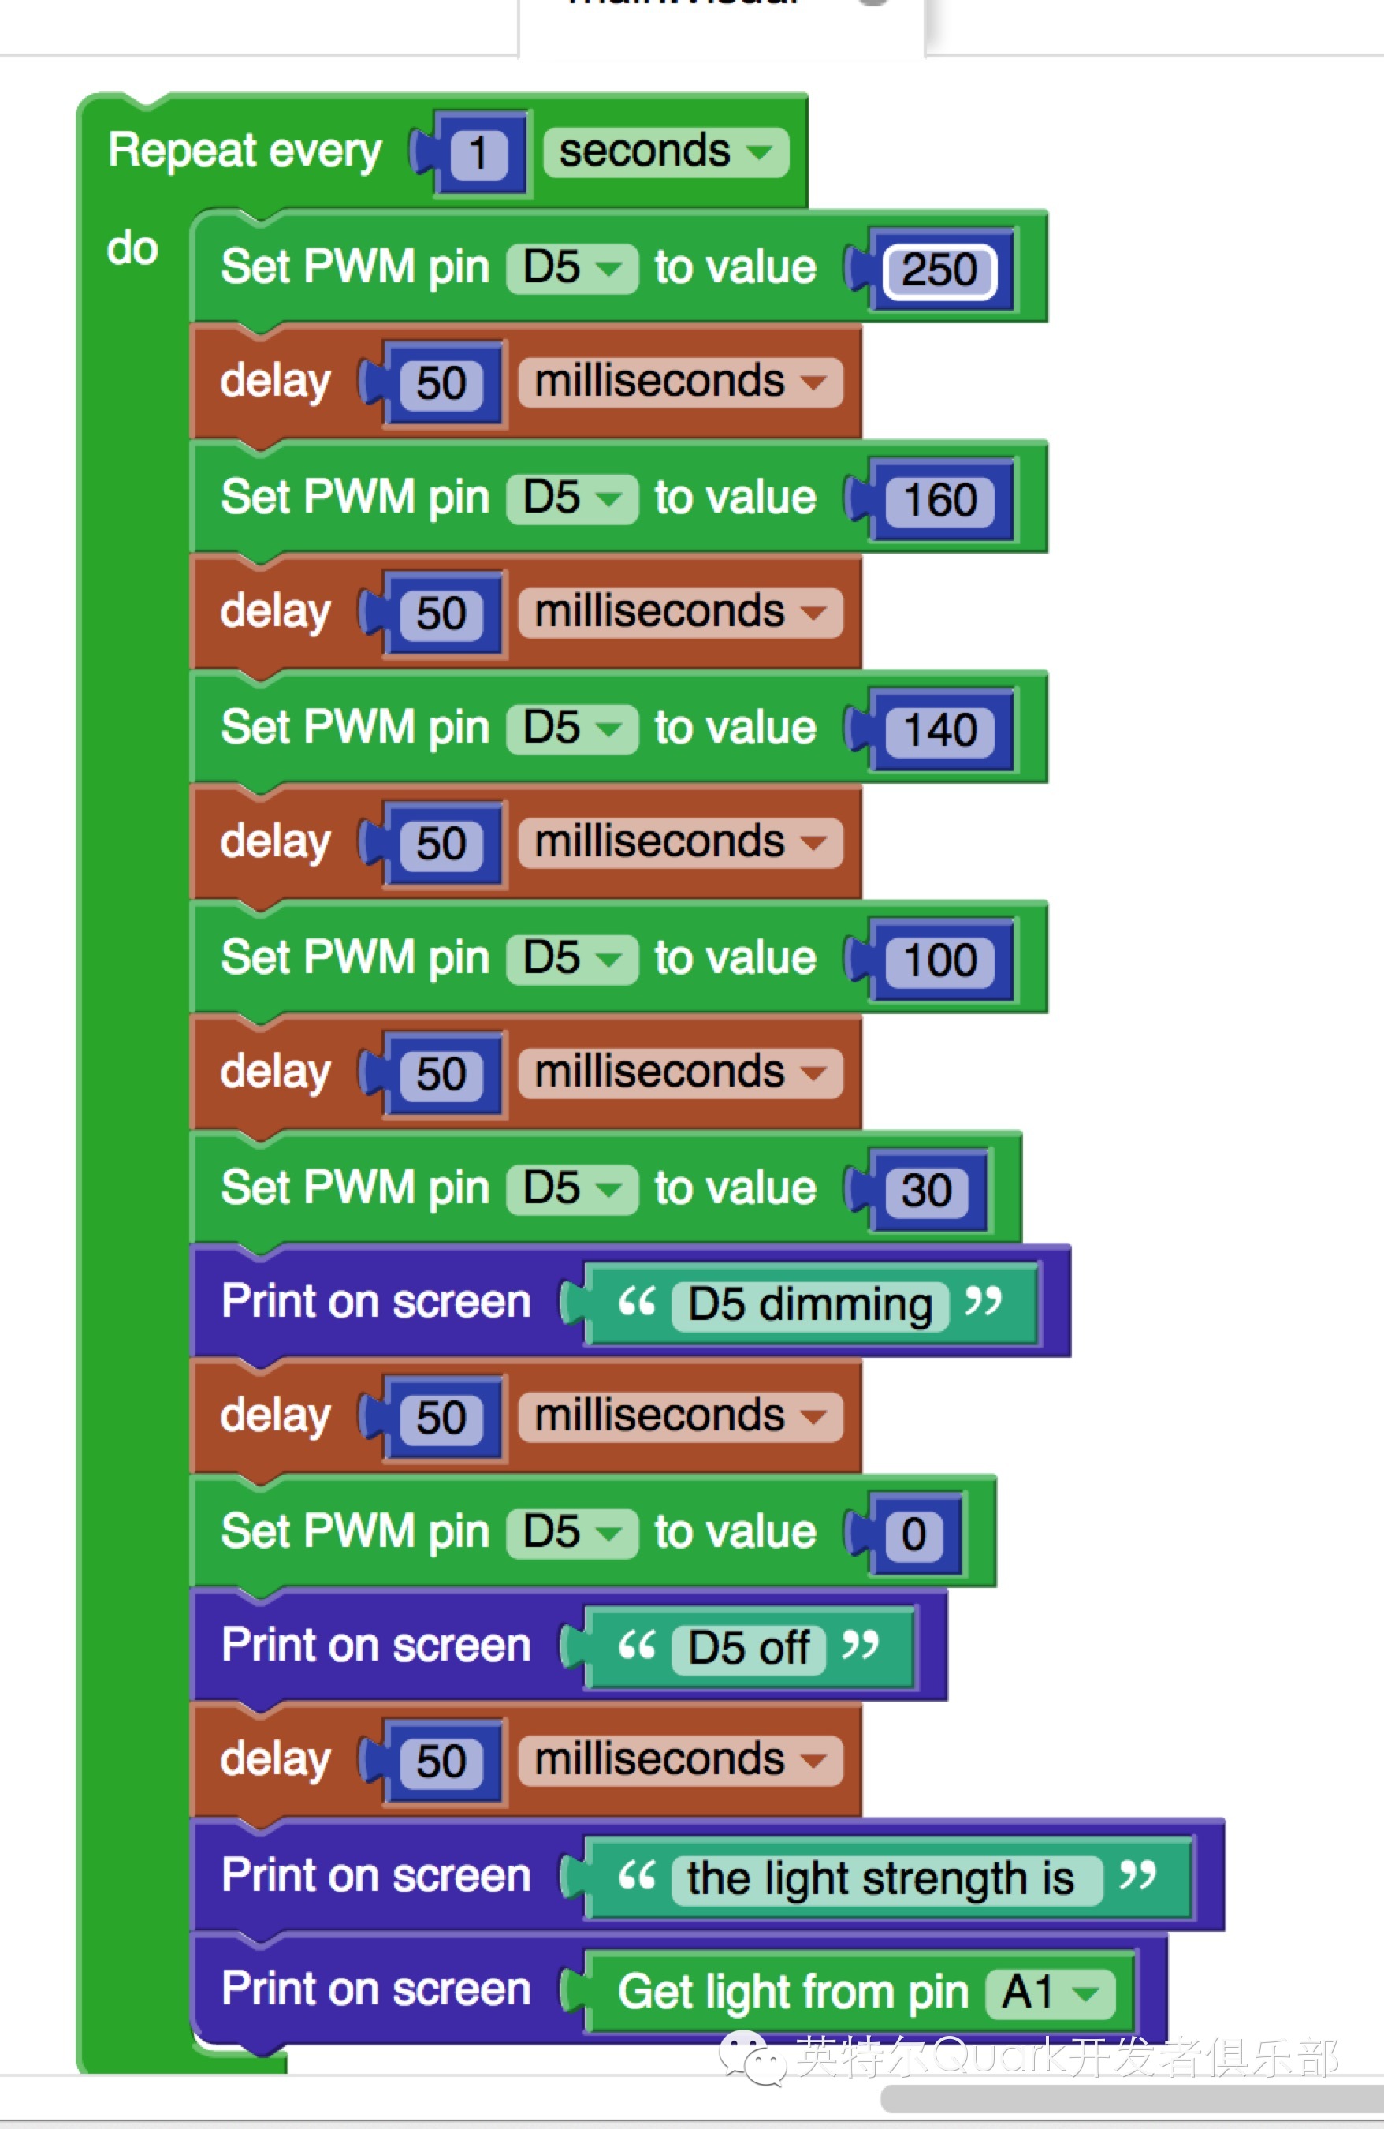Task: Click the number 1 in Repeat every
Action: [478, 153]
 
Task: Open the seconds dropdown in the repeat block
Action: [666, 151]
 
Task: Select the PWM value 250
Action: [939, 269]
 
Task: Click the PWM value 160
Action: [939, 499]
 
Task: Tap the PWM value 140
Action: [939, 729]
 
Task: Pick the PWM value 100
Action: [939, 960]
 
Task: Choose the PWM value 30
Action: [925, 1190]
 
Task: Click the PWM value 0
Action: [913, 1534]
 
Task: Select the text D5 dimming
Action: [809, 1304]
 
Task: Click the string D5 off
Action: [748, 1648]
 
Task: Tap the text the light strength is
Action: [880, 1877]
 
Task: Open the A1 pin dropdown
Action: [1051, 1992]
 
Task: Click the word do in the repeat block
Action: [132, 248]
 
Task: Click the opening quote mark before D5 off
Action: [637, 1644]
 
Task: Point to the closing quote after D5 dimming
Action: [983, 1300]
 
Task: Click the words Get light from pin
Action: [793, 1992]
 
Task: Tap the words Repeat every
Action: [245, 151]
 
